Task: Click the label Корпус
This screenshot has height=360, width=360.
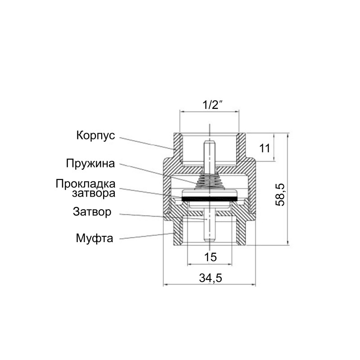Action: coord(96,135)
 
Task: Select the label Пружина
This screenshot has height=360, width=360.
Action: coord(90,163)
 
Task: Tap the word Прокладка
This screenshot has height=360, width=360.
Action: coord(85,184)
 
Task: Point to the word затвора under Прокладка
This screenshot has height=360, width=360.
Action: coord(93,193)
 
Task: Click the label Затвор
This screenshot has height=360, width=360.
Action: coord(91,211)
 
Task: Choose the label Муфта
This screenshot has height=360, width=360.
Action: coord(94,237)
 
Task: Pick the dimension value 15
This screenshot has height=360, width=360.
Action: coord(210,257)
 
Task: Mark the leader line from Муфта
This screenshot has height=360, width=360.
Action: coord(144,236)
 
